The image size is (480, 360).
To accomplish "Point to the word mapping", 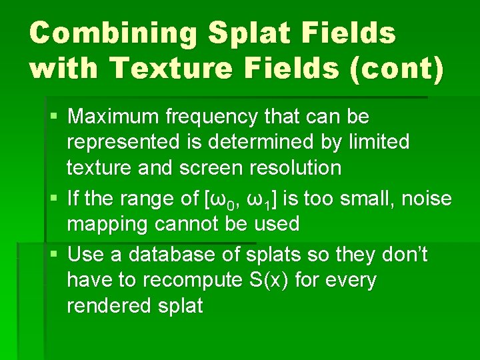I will coord(108,223).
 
